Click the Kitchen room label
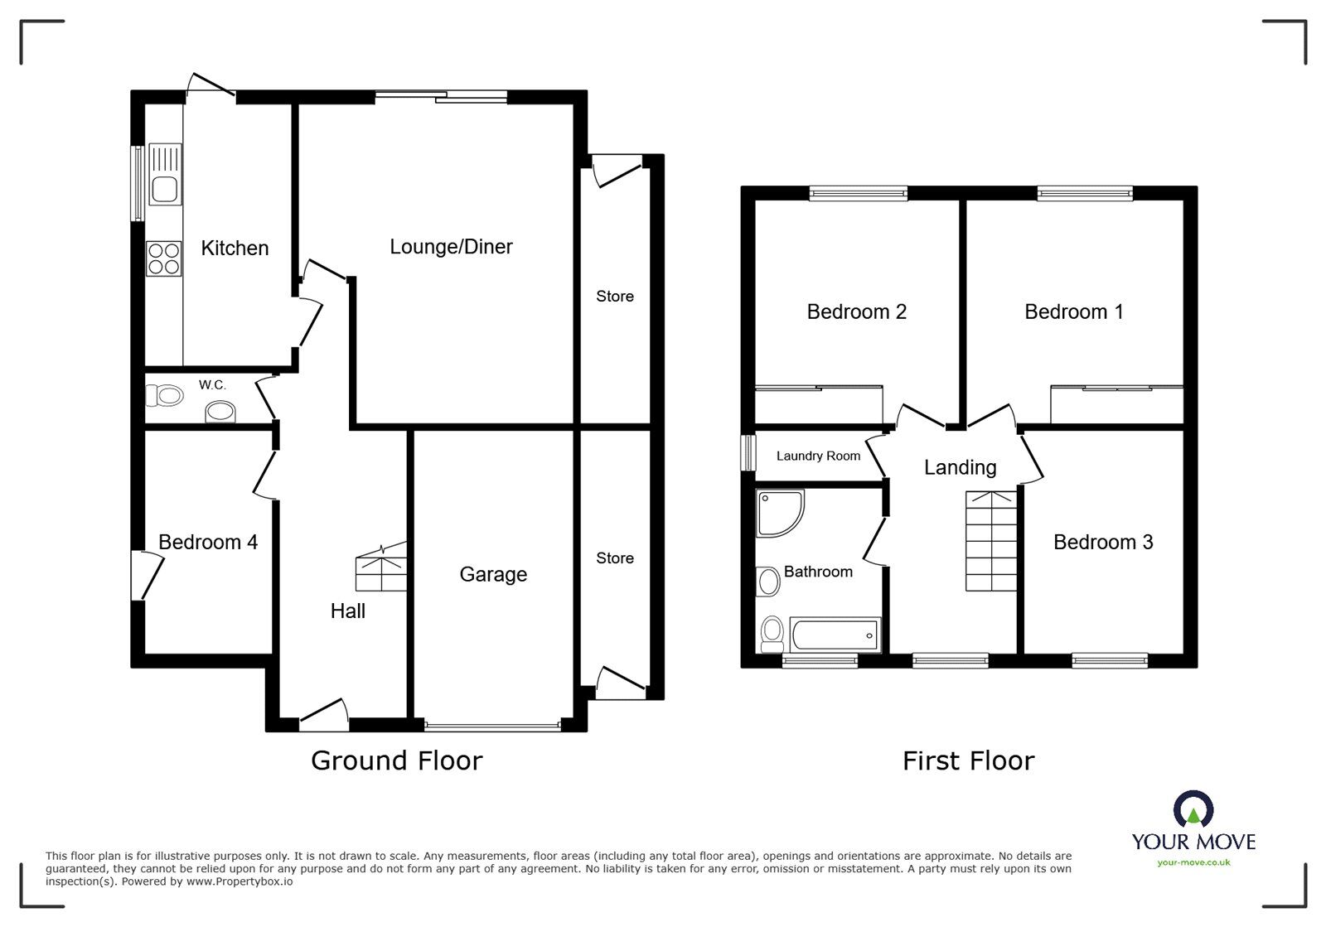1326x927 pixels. (235, 248)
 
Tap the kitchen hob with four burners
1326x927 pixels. (164, 258)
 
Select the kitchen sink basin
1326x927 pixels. (165, 190)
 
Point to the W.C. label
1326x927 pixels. (212, 385)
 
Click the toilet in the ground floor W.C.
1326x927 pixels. (164, 395)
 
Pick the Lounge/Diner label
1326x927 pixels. (451, 247)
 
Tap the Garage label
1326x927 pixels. (493, 574)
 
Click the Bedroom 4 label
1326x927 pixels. (208, 542)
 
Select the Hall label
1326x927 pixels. (347, 611)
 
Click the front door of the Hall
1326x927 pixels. (323, 711)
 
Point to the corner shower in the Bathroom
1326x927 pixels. (779, 513)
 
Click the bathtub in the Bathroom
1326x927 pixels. (835, 635)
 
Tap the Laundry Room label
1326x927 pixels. (818, 456)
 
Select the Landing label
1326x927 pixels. (961, 467)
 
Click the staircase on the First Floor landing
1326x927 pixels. (991, 541)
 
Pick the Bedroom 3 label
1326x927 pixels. (1103, 542)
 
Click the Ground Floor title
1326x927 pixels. (397, 760)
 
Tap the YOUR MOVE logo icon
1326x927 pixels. (1193, 808)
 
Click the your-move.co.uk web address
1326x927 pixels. (1193, 862)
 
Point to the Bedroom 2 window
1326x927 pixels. (859, 194)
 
